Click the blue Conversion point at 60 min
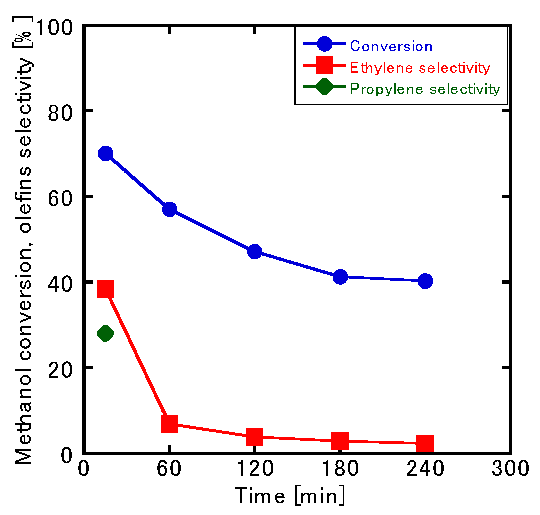169,209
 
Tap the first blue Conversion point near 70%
105,153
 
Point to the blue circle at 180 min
340,277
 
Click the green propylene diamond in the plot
105,333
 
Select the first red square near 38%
105,289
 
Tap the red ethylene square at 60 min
169,424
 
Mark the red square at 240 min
425,443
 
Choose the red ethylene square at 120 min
255,436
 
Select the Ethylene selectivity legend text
419,68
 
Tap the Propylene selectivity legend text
425,89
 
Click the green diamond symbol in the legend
325,86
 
